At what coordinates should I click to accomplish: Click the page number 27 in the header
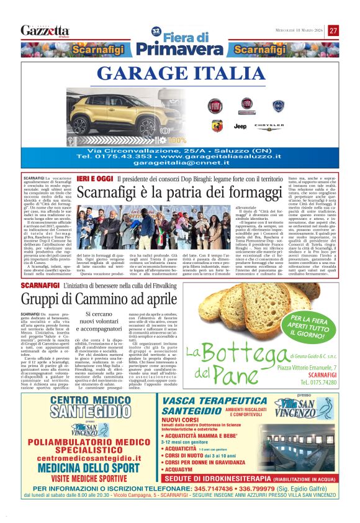[333, 30]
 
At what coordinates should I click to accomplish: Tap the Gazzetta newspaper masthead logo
[45, 30]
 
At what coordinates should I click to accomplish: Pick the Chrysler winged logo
[268, 127]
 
